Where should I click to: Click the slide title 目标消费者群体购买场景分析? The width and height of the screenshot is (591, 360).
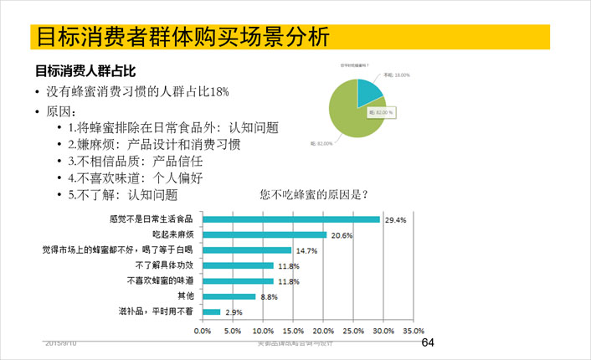(x=178, y=38)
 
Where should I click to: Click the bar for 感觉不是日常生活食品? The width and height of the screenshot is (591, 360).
(x=291, y=219)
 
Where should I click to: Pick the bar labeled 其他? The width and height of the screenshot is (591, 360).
(x=229, y=296)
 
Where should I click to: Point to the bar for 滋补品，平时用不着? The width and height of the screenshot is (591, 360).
(x=211, y=311)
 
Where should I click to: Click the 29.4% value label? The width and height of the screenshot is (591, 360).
(x=395, y=220)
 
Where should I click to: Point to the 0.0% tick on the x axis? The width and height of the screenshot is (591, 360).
(x=203, y=330)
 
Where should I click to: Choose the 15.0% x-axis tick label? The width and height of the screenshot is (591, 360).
(x=293, y=330)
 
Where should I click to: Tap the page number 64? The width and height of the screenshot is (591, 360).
(x=428, y=343)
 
